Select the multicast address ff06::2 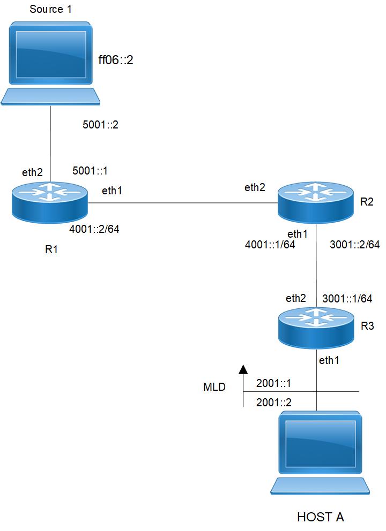[x=114, y=60]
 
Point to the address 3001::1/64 [x=346, y=298]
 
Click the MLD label [x=213, y=386]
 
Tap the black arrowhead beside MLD [x=243, y=369]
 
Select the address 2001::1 [x=274, y=383]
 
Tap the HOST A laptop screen [x=320, y=444]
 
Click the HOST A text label [x=320, y=517]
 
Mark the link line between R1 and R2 [x=182, y=203]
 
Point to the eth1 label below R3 [x=329, y=360]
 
